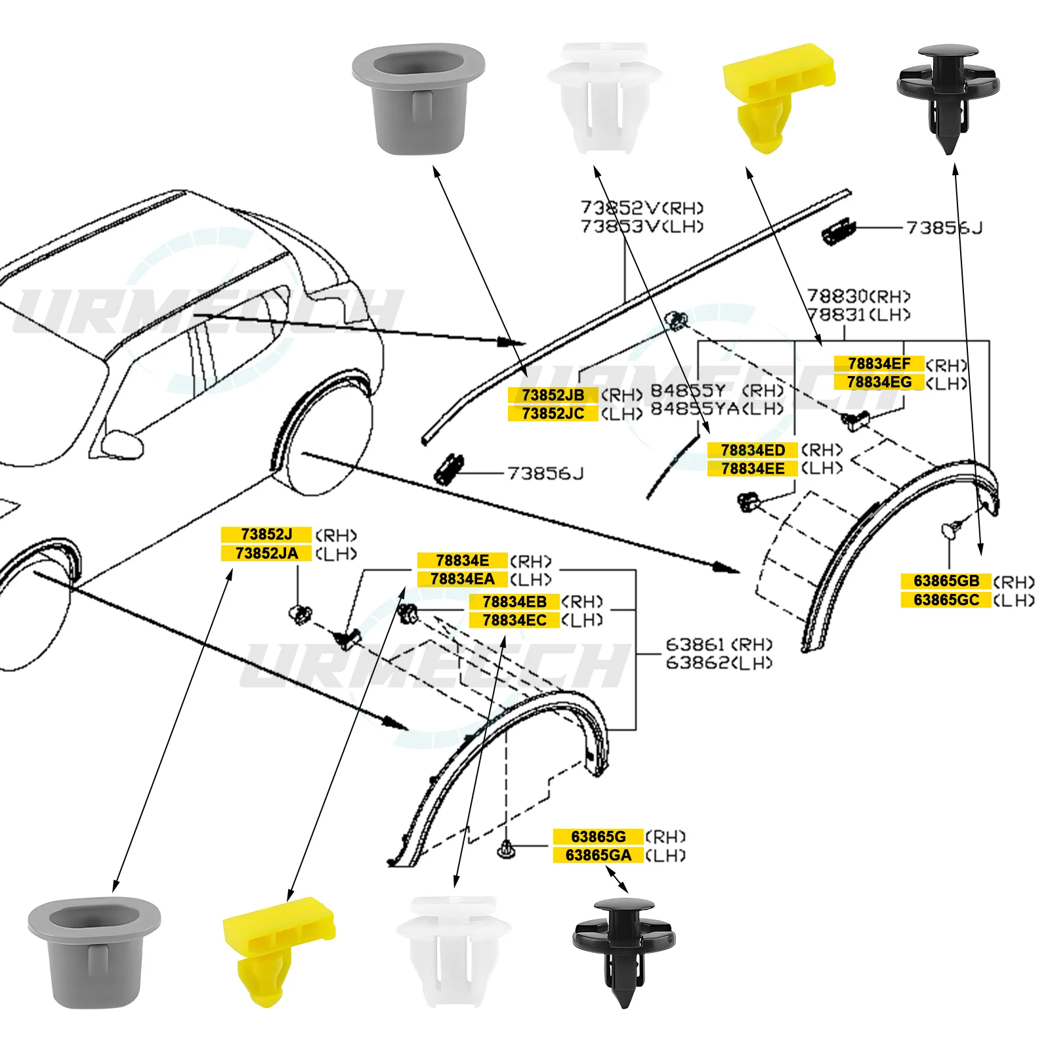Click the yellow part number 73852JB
(x=553, y=395)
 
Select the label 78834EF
(x=879, y=364)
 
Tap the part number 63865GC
(x=946, y=600)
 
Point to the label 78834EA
(x=462, y=579)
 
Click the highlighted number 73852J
(x=266, y=534)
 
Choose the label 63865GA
(x=598, y=855)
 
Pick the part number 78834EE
(x=752, y=469)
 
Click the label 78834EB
(x=514, y=602)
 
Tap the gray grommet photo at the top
(x=418, y=98)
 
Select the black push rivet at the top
(x=948, y=95)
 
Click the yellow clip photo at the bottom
(x=278, y=948)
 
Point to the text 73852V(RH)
(x=642, y=208)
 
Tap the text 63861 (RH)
(x=719, y=644)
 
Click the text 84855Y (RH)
(x=717, y=390)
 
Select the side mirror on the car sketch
(x=123, y=444)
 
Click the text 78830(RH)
(x=858, y=296)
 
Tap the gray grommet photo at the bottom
(x=94, y=952)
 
